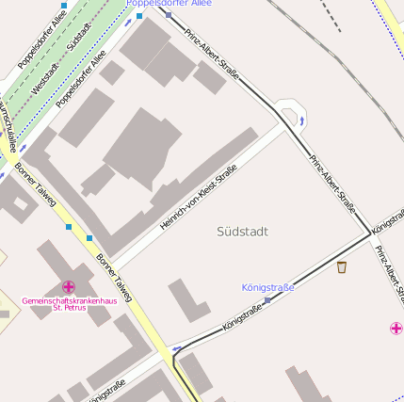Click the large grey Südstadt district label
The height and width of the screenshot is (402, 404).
point(242,232)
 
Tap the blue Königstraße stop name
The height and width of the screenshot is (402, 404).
point(267,287)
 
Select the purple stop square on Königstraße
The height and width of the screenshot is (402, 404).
point(267,300)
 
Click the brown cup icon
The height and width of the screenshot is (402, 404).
point(341,267)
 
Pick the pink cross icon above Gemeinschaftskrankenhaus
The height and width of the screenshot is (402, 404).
point(68,286)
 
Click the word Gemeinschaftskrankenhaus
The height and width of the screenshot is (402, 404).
point(69,299)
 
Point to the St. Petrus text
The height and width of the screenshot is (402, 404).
point(70,308)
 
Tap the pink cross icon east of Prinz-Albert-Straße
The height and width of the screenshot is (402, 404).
point(396,328)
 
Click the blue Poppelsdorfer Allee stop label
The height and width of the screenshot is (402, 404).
point(170,4)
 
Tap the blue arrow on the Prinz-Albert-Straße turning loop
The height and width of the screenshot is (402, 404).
point(301,121)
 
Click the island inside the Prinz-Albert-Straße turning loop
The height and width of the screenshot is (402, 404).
point(291,116)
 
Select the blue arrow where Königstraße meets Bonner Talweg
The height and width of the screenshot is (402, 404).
point(176,349)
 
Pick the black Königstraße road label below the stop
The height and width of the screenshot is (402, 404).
point(242,320)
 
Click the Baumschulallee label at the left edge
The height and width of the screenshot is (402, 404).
point(8,128)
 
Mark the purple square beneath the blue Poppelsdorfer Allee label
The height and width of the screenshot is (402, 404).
point(168,15)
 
